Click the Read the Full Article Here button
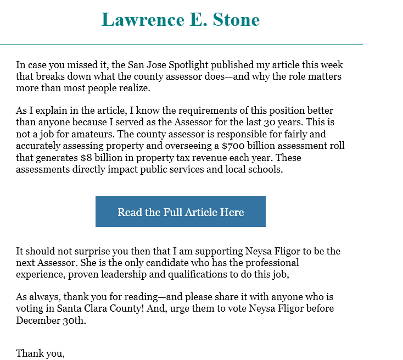point(181,212)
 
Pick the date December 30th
point(51,320)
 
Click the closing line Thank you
point(40,353)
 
